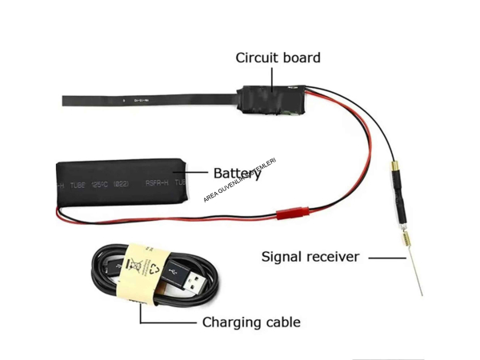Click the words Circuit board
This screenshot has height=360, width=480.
[278, 58]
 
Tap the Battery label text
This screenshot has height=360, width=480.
[237, 173]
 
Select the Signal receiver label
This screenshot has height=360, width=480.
[310, 257]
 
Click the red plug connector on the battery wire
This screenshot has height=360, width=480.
[290, 214]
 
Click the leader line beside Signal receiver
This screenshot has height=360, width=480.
[390, 258]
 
